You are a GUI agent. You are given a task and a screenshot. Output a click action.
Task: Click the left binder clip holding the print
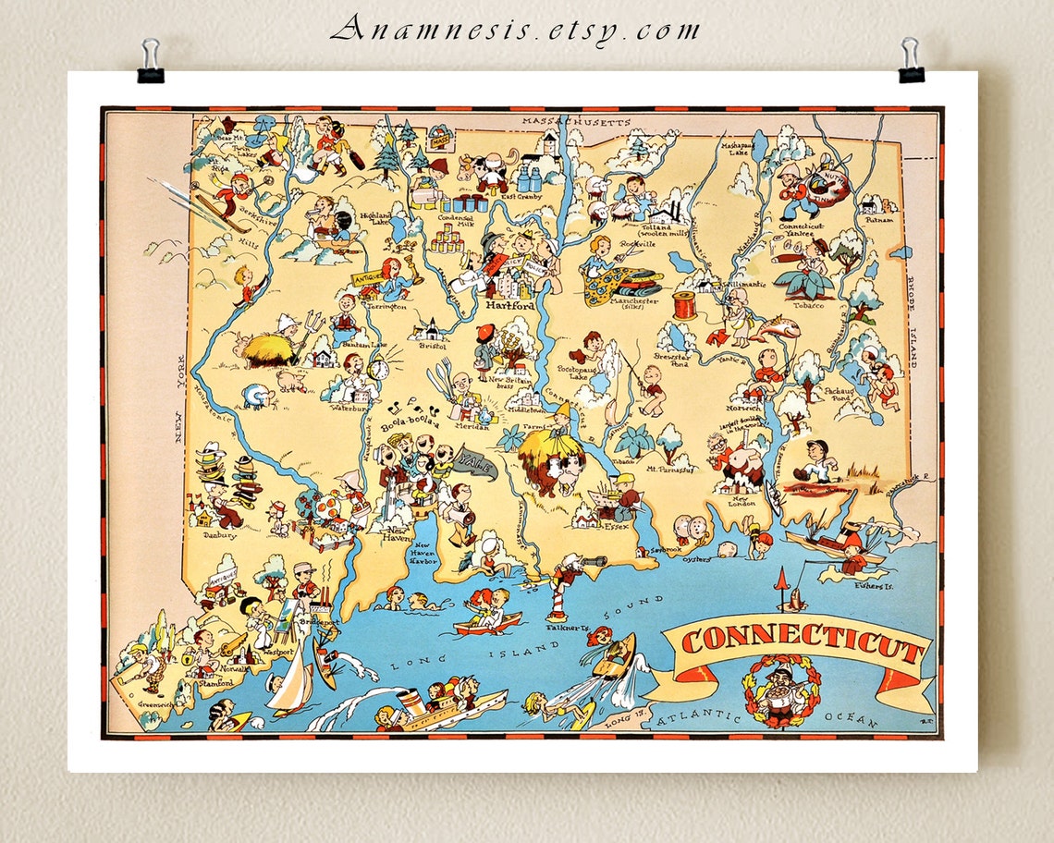150,62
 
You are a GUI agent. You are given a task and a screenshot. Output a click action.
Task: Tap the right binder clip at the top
910,61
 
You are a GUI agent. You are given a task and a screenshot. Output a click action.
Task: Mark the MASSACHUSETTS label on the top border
575,121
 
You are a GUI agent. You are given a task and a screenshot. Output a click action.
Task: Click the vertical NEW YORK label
178,412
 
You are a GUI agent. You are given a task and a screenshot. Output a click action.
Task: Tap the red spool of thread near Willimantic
683,305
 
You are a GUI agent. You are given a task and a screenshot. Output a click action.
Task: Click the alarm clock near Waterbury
377,369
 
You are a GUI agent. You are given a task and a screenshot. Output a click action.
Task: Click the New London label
740,499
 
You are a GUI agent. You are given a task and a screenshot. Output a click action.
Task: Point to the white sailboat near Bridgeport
291,679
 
